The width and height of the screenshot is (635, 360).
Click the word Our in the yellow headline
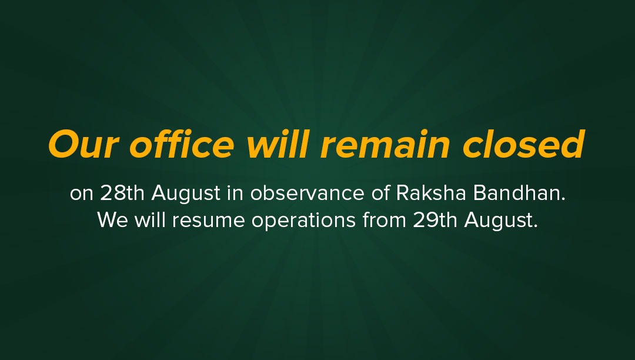pos(83,145)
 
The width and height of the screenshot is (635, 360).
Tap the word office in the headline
pos(182,144)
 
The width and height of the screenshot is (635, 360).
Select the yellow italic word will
pos(278,144)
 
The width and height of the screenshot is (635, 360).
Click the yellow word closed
pos(524,144)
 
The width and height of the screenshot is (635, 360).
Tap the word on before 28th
pos(82,194)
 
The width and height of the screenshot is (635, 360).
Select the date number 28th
pos(122,193)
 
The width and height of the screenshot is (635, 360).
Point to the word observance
pos(308,193)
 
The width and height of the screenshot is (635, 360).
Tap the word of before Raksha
pos(380,193)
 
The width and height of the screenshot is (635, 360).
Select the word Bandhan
pos(519,193)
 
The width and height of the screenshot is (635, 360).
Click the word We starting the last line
pos(112,220)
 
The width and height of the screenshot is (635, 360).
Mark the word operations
pos(304,222)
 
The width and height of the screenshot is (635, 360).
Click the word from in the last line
pos(385,220)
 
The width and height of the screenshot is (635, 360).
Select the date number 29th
pos(435,220)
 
